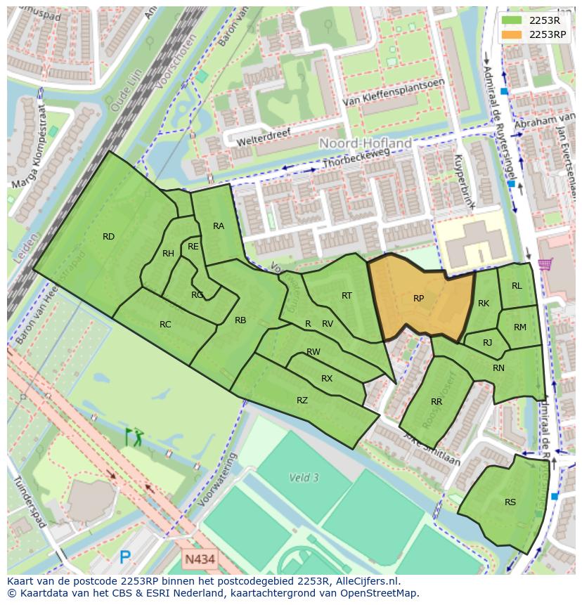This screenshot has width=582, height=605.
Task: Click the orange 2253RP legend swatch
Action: coord(512,34)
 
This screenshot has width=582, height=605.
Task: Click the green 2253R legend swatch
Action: coord(512,20)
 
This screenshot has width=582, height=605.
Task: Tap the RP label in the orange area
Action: coord(418,299)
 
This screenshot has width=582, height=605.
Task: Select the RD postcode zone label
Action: coord(108,237)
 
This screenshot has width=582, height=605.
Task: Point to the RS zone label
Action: coord(510,502)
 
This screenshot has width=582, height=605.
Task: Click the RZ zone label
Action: coord(302,401)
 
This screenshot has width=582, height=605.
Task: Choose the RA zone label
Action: coord(219,226)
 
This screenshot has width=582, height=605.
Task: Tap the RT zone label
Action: coord(347,296)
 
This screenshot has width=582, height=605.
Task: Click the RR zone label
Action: coord(436,402)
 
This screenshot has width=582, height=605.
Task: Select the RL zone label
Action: coord(517,286)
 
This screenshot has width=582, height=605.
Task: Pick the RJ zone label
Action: coord(488,343)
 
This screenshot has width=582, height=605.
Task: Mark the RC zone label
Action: coord(165,325)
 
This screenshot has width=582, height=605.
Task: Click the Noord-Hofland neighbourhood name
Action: coord(366,143)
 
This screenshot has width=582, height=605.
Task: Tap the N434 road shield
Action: coord(200,559)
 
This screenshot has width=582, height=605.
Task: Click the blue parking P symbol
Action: coord(125,558)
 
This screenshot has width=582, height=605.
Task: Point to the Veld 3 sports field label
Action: coord(304,478)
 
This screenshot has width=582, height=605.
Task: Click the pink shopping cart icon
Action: coord(544,264)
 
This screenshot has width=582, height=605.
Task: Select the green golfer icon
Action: coord(134,436)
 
